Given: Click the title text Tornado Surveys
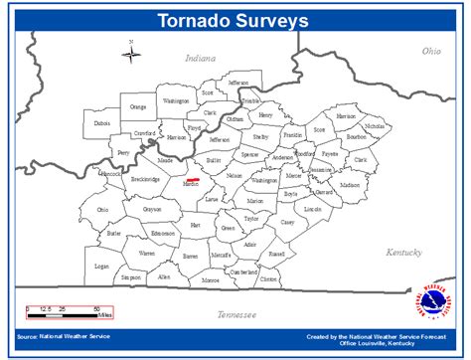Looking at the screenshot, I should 234,19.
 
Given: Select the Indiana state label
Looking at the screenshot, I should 201,60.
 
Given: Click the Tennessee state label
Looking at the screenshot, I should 236,314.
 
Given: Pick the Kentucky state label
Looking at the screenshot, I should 404,252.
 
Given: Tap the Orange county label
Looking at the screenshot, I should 138,106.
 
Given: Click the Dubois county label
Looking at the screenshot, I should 102,123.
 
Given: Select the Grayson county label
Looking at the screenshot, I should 152,210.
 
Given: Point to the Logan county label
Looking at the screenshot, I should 102,267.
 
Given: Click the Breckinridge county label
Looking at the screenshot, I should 143,179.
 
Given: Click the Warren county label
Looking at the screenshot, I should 146,254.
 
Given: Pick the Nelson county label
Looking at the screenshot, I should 235,175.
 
